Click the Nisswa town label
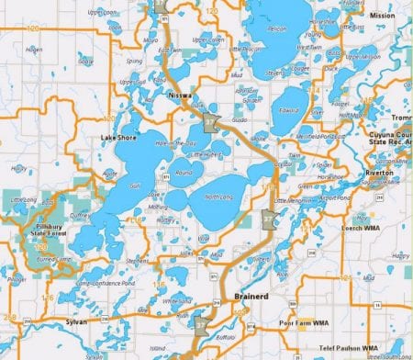(179, 95)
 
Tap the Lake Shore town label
(118, 138)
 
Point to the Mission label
(382, 17)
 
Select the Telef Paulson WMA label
(345, 350)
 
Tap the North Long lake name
(218, 197)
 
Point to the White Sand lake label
(177, 301)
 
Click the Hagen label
(35, 49)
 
